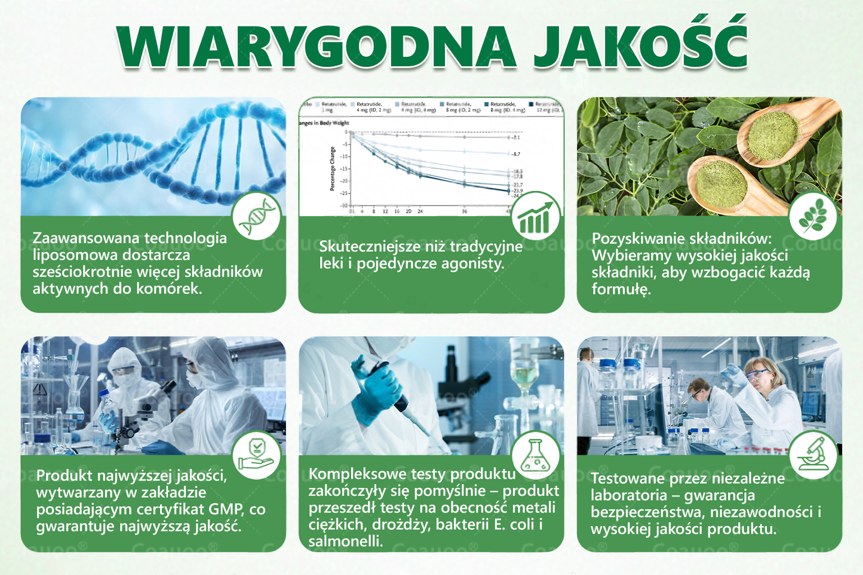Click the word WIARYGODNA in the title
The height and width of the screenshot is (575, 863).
[317, 47]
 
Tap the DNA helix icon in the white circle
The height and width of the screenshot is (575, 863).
[257, 216]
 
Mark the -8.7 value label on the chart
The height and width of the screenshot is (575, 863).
[515, 154]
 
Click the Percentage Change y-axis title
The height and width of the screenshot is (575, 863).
[333, 169]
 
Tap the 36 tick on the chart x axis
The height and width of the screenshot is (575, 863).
[464, 211]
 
